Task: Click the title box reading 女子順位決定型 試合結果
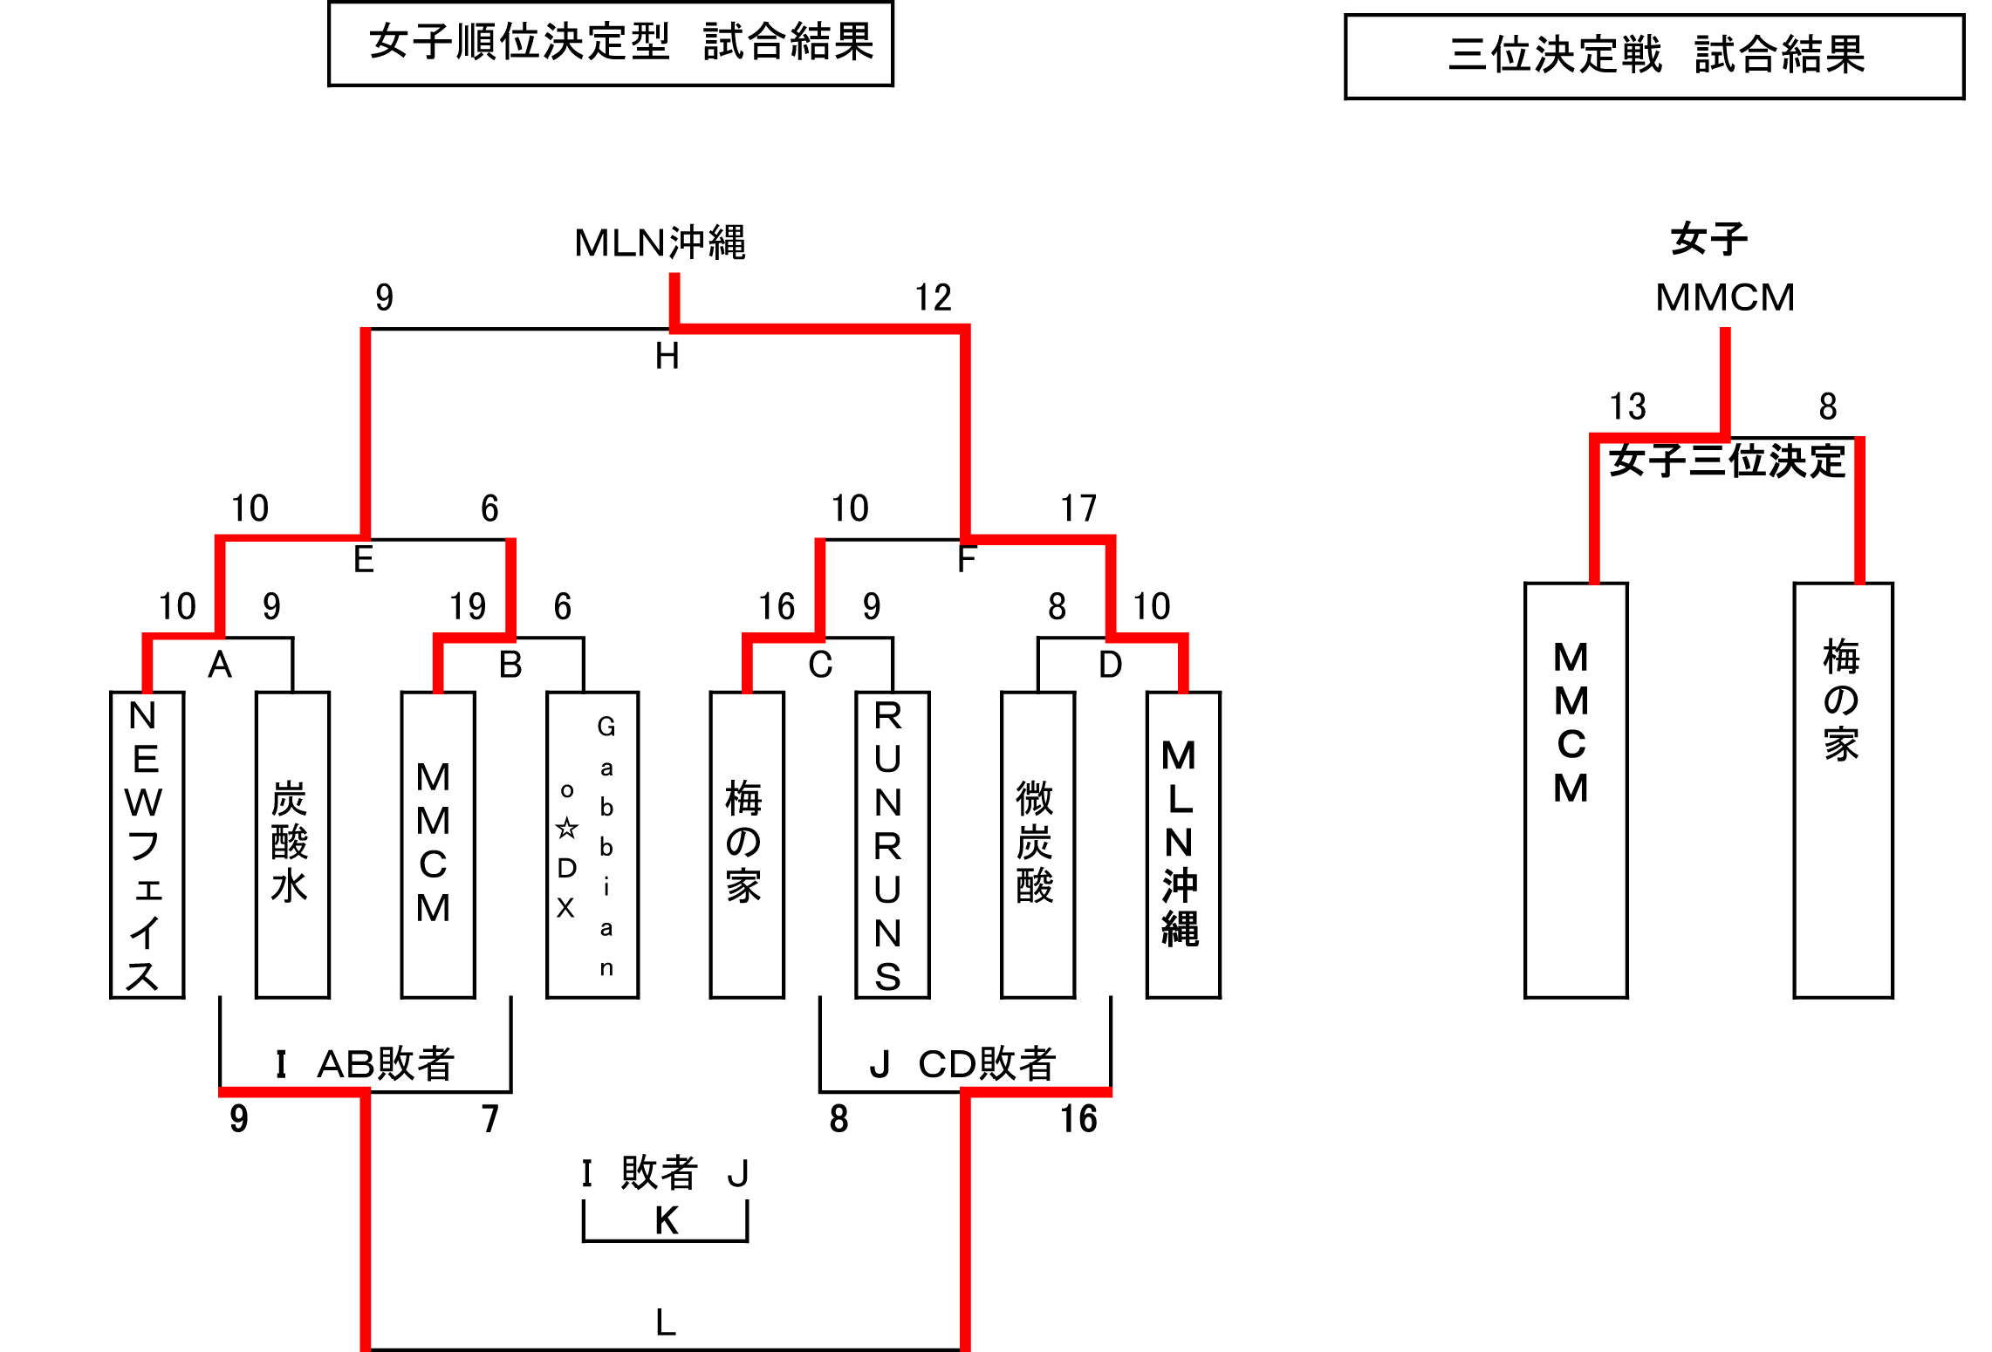tap(611, 43)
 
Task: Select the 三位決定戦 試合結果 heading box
tap(1654, 56)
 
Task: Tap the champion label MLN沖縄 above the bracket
tap(660, 242)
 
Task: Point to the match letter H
tap(667, 356)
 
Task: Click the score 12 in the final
tap(933, 298)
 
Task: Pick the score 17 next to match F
tap(1078, 509)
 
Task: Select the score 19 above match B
tap(468, 606)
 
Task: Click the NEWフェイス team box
tap(147, 844)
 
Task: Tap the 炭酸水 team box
tap(292, 844)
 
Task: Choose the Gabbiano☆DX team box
tap(592, 844)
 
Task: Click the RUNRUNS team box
tap(892, 844)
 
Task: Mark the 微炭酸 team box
tap(1037, 844)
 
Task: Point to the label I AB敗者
tap(365, 1063)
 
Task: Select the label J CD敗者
tap(963, 1063)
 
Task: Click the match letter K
tap(667, 1220)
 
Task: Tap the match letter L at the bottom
tap(666, 1322)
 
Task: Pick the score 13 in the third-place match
tap(1627, 406)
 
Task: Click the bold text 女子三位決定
tap(1727, 461)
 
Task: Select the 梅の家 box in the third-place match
tap(1843, 789)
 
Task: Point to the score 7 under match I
tap(490, 1119)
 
